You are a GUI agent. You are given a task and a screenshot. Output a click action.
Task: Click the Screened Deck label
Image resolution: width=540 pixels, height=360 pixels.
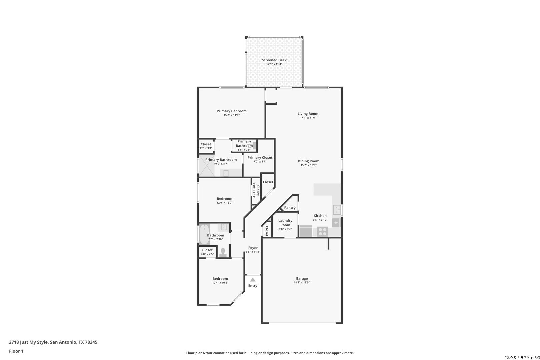tap(274, 60)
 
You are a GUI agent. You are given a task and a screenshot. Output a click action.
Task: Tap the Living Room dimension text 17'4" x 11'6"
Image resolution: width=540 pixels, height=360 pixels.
tap(308, 118)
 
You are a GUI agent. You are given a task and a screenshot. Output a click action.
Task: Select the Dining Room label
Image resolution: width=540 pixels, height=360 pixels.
tap(308, 161)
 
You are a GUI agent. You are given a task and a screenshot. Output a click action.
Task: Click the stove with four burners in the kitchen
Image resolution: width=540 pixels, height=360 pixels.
tap(322, 231)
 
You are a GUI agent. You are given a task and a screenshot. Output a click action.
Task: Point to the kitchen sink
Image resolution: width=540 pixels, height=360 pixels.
tap(337, 210)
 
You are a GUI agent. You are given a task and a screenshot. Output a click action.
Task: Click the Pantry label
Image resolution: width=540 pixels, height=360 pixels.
tap(290, 208)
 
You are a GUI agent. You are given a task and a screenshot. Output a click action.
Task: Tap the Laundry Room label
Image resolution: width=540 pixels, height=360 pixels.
tap(285, 223)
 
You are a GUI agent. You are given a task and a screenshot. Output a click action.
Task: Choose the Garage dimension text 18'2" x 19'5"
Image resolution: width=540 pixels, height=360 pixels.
tap(302, 282)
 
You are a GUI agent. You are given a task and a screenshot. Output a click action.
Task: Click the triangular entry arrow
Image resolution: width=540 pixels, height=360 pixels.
tap(253, 280)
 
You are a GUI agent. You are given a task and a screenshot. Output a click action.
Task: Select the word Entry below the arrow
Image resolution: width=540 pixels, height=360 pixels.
tap(253, 286)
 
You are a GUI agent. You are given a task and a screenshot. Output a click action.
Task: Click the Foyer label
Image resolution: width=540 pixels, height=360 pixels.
tap(253, 248)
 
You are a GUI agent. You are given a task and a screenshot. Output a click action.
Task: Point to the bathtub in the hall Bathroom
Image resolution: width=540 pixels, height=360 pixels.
tap(204, 234)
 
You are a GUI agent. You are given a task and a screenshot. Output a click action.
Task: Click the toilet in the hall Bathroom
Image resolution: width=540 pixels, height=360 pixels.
tap(223, 253)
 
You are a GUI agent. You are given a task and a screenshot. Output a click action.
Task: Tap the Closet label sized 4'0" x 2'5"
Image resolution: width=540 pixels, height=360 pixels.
tap(207, 250)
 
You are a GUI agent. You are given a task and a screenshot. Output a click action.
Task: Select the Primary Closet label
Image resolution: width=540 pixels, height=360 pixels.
tap(260, 157)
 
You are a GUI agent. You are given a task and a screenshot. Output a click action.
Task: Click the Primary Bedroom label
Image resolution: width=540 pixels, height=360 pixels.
tap(231, 111)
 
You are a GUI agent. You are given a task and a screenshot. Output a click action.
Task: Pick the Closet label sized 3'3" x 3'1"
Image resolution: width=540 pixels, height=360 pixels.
tap(206, 144)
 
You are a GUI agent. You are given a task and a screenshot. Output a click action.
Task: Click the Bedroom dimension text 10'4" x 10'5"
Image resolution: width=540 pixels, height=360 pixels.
tap(220, 283)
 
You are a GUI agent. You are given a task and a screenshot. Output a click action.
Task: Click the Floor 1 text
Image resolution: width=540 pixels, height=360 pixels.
tap(16, 351)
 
